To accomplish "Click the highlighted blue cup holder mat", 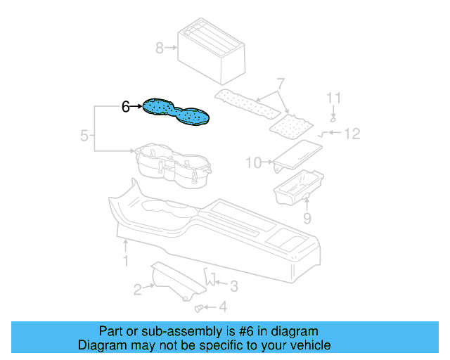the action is (x=176, y=112).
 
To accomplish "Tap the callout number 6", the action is (x=126, y=106).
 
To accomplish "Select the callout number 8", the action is (x=160, y=48).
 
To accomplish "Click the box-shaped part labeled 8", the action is (x=212, y=51).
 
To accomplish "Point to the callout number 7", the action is (x=281, y=84).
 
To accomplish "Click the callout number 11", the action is (x=334, y=98).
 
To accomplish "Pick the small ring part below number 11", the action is (x=333, y=119).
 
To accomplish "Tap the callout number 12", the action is (x=352, y=134).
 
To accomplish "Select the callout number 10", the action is (x=254, y=163).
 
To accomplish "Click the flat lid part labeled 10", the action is (x=297, y=155).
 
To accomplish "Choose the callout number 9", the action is (x=307, y=219).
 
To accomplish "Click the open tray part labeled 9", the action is (x=299, y=187).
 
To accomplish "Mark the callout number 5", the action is (x=84, y=136).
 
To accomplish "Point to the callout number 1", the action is (x=125, y=262).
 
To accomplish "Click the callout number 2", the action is (x=138, y=290).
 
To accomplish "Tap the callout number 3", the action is (x=234, y=286).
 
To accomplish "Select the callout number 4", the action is (x=223, y=307).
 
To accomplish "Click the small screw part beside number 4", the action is (x=198, y=309).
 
